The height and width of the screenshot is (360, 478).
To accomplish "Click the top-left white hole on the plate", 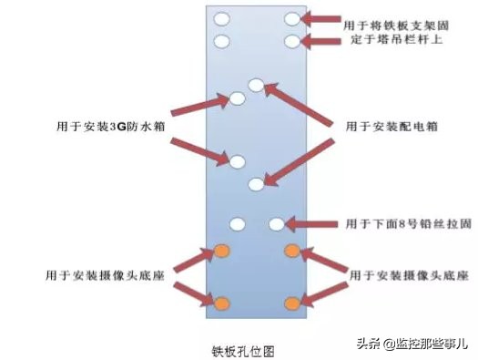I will pos(221,18).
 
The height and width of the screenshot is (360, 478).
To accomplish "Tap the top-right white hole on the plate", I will pos(291,18).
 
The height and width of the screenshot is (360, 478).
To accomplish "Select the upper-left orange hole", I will pos(221,250).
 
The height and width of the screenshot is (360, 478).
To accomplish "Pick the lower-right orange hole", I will pos(292,303).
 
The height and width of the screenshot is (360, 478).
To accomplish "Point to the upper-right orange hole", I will pos(292,250).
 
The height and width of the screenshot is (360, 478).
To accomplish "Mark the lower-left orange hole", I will pos(221,302).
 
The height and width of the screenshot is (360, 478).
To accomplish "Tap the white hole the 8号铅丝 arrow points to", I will pos(276,223).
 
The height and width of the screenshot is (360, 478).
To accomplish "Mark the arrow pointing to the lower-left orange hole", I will pos(191,293).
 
